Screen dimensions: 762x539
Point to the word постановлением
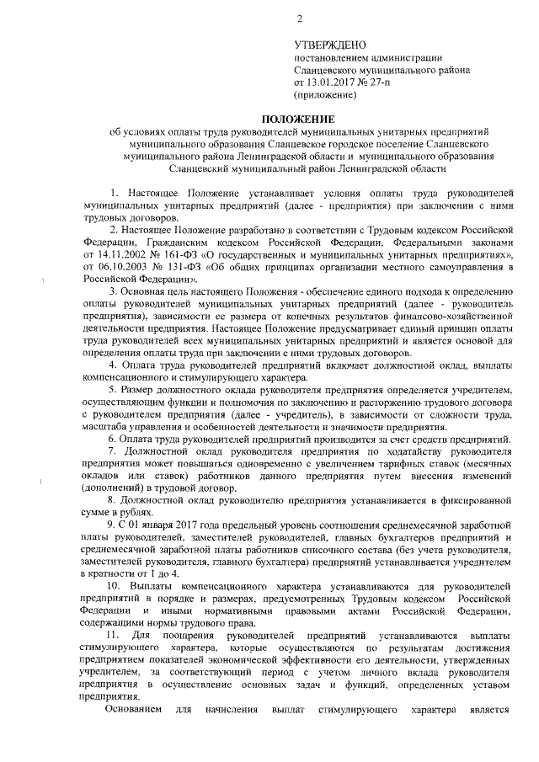pyautogui.click(x=331, y=57)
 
